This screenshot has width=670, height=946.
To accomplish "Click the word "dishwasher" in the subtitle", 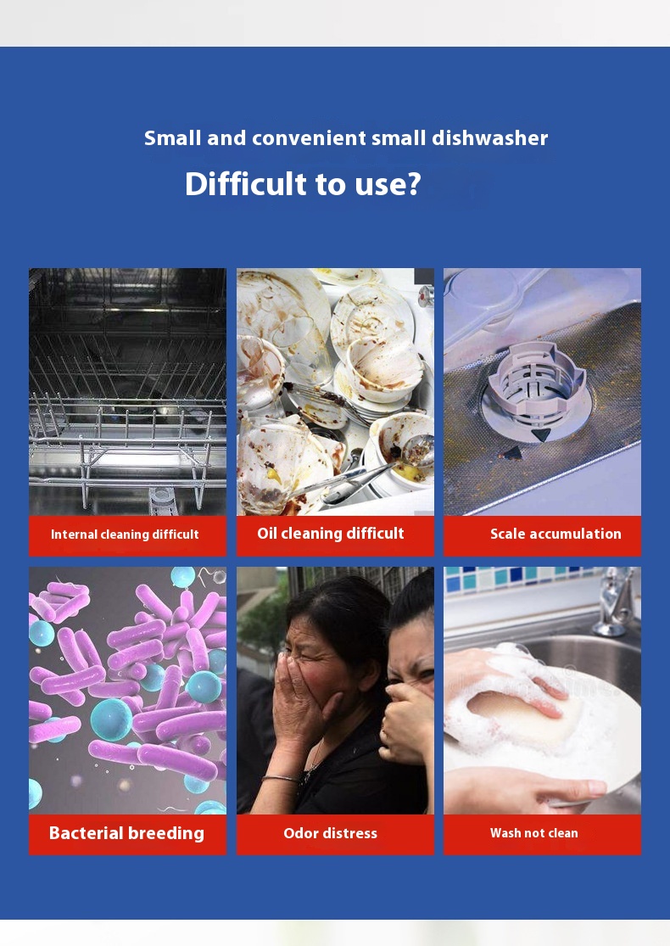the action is tap(489, 138).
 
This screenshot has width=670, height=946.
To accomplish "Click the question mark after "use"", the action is tap(415, 183).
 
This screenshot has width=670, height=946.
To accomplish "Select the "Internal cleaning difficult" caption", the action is tap(125, 534).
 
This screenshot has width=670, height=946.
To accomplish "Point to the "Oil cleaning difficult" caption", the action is tap(331, 534).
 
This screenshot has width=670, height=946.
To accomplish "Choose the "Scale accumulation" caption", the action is tap(556, 534).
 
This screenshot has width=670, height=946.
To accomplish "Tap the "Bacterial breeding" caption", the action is tap(126, 833).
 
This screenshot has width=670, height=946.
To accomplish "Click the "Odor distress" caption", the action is tap(331, 833).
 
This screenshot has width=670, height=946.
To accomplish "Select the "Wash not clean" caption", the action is tap(534, 833).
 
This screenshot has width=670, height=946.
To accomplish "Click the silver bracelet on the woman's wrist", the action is tap(282, 779).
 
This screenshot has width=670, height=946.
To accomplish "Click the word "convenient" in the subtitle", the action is tap(308, 138).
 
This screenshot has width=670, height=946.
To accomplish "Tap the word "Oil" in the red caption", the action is tap(266, 534).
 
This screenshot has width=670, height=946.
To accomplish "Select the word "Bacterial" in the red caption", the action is tap(86, 833).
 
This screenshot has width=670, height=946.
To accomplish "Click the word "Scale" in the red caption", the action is tap(508, 534).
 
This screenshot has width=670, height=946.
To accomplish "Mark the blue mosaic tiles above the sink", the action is tap(519, 577).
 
